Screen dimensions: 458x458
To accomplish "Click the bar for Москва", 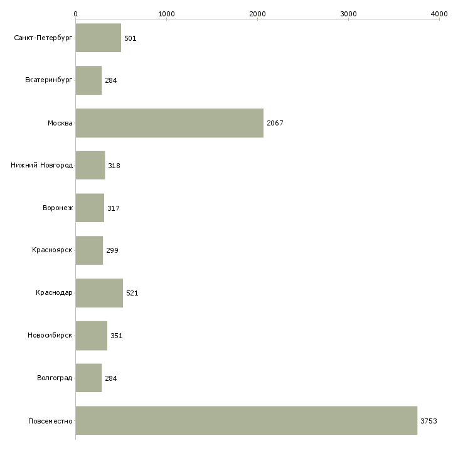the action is (169, 123).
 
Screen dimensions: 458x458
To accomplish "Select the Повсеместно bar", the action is (246, 420).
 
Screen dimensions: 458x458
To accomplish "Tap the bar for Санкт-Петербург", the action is (98, 38).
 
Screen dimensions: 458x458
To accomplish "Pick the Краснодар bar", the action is (99, 293).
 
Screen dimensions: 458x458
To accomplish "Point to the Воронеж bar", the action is (90, 208).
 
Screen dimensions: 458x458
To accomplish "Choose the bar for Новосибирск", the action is (92, 336).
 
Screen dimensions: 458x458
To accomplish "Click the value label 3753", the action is (429, 421).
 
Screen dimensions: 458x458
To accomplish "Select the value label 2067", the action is (275, 123).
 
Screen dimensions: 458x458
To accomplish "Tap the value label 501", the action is (130, 38).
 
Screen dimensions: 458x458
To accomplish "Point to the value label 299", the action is (112, 250).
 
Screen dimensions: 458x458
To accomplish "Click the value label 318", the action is (114, 166).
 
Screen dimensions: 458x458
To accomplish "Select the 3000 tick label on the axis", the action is (348, 14).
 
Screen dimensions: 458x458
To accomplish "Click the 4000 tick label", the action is (439, 14).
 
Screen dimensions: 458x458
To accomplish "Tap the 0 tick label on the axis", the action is (76, 14).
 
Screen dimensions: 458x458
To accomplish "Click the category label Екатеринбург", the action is (48, 80).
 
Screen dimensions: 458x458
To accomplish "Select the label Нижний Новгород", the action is (41, 166).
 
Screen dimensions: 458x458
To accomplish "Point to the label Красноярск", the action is (52, 250).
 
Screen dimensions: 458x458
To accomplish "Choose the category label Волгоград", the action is (55, 378).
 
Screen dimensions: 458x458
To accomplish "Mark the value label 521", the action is (132, 293).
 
